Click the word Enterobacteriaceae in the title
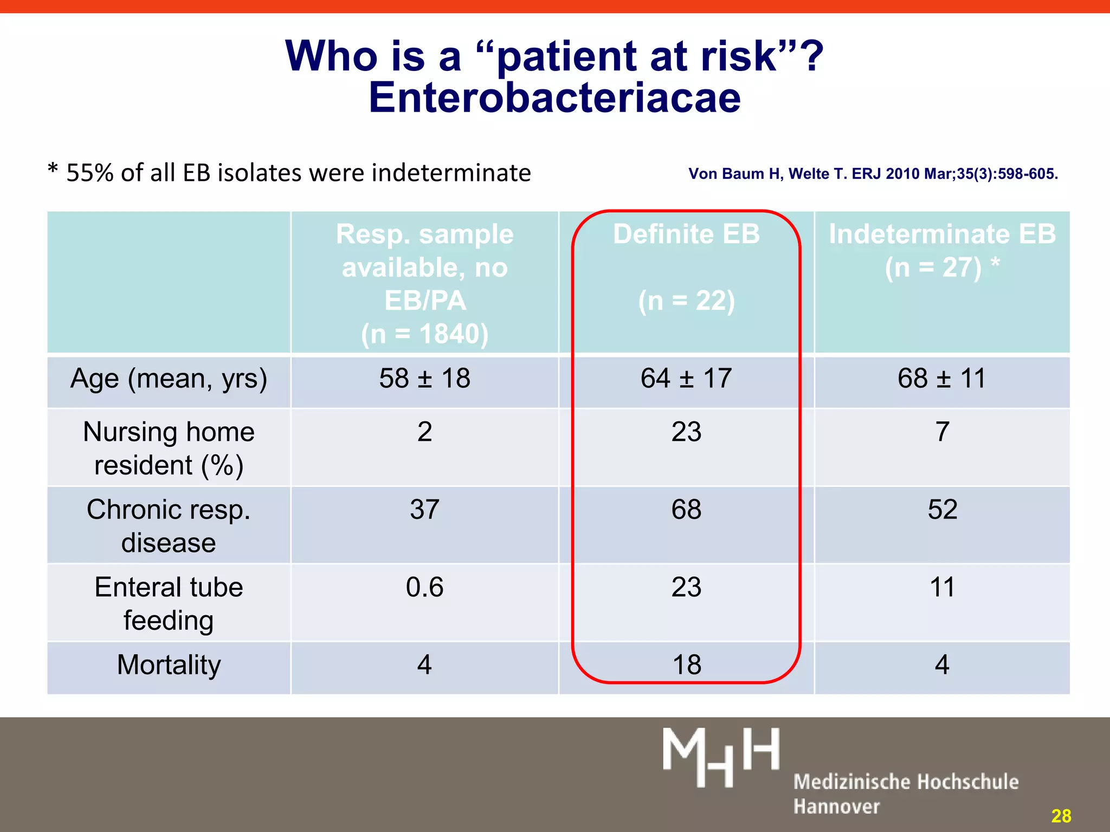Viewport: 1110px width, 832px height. tap(554, 98)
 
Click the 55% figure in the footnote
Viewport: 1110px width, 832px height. tap(90, 173)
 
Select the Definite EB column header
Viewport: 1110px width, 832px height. tap(686, 234)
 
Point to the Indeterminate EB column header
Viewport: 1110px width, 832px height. tap(942, 235)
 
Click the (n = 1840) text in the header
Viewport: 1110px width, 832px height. tap(424, 334)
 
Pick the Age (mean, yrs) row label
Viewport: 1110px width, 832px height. tap(169, 379)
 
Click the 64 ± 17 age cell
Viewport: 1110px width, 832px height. tap(686, 379)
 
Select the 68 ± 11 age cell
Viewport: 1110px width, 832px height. tap(941, 379)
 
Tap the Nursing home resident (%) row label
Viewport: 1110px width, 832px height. tap(169, 448)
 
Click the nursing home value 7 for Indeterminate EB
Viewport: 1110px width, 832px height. tap(942, 432)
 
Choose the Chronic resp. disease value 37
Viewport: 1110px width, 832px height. tap(424, 510)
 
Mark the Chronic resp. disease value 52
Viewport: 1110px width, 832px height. tap(942, 510)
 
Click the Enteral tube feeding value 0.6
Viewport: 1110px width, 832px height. tap(424, 588)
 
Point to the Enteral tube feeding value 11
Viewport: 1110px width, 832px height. tap(942, 588)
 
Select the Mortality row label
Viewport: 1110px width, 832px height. tap(169, 665)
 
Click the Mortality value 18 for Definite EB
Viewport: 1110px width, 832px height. tap(686, 665)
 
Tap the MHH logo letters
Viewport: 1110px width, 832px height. tap(721, 756)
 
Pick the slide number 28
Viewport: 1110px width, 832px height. tap(1061, 816)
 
